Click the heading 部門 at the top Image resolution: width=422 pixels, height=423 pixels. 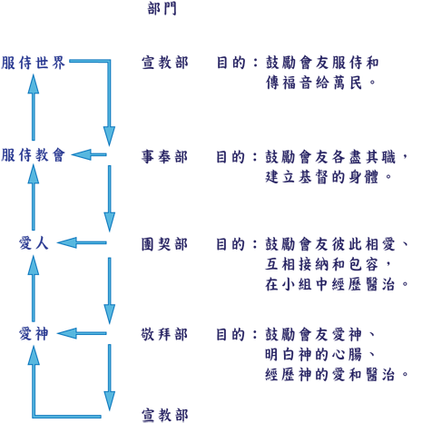click(x=162, y=8)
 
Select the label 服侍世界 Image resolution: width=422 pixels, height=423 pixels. click(x=33, y=63)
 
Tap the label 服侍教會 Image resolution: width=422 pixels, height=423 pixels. click(x=33, y=155)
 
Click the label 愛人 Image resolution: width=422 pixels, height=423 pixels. click(x=34, y=243)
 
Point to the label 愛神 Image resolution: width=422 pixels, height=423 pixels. click(x=34, y=334)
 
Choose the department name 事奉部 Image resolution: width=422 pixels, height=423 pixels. click(x=164, y=157)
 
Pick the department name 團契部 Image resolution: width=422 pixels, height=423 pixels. click(x=164, y=244)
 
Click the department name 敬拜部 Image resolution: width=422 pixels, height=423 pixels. click(x=164, y=334)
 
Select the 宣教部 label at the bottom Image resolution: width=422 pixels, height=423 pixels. click(x=165, y=415)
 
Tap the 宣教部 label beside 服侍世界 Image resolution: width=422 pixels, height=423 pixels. click(x=165, y=63)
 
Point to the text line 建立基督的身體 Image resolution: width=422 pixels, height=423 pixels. click(x=329, y=177)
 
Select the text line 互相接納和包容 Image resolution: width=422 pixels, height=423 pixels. click(x=329, y=264)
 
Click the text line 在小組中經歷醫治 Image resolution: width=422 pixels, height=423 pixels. click(x=338, y=284)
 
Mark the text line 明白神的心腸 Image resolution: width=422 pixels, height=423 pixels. click(x=320, y=355)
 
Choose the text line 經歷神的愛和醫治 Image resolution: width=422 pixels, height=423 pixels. click(x=338, y=375)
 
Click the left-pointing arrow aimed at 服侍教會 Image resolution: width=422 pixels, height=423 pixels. click(x=89, y=154)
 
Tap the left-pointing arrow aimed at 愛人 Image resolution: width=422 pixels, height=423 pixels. click(x=82, y=242)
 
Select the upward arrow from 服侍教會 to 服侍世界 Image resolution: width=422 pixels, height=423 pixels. click(x=34, y=107)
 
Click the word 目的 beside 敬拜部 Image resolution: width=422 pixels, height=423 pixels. click(x=231, y=334)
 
